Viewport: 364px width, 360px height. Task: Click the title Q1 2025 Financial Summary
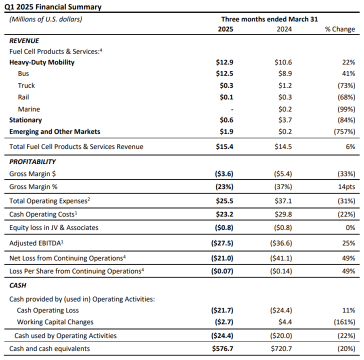53,7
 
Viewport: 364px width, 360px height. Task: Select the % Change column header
340,29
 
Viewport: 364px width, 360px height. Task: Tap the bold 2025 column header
225,29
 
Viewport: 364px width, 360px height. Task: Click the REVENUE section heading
24,41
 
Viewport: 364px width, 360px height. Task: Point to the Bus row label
23,73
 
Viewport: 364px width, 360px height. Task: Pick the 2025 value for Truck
226,85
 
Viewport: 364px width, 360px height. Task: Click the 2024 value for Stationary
285,120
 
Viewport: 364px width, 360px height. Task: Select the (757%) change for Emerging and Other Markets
344,131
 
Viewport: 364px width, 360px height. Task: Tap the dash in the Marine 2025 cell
232,109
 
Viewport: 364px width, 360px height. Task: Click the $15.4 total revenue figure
224,146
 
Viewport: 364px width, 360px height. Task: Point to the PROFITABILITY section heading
32,162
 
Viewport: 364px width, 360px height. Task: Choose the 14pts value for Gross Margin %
346,187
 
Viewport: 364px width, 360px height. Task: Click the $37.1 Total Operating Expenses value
283,201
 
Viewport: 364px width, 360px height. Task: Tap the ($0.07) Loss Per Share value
222,271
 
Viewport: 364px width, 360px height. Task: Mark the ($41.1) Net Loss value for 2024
281,258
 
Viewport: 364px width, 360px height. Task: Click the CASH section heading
17,285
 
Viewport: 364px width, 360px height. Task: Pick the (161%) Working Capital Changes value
344,322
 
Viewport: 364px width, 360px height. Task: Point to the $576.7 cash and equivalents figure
222,348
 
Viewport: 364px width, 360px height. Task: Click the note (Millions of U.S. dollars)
45,19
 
